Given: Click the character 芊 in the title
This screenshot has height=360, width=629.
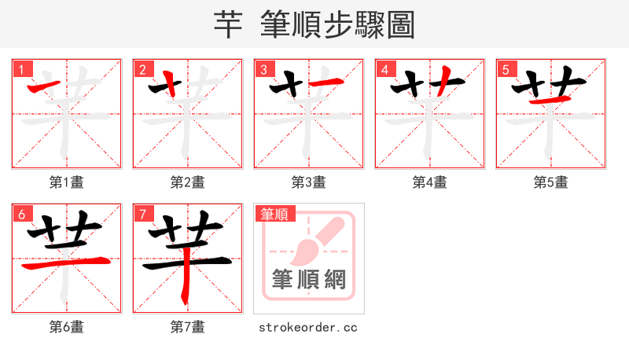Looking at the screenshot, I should (x=227, y=25).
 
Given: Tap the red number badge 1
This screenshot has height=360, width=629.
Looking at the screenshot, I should (x=21, y=69).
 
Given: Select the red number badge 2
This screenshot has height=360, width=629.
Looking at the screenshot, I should (x=142, y=69).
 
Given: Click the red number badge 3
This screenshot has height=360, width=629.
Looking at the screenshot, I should (x=263, y=69).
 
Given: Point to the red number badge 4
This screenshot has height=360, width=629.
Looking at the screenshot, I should (x=384, y=69).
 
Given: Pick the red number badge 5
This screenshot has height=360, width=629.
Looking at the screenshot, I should (x=506, y=69).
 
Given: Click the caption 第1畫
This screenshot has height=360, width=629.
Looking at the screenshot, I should (x=67, y=182).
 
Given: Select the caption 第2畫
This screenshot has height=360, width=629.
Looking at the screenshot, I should (x=188, y=182).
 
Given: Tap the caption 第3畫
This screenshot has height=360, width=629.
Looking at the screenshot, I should (x=309, y=182).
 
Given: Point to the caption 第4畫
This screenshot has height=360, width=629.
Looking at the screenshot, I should (x=430, y=182).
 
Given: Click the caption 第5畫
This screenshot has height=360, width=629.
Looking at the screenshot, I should (x=551, y=182).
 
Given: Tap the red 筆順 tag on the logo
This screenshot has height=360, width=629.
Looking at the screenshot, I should (x=274, y=214).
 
